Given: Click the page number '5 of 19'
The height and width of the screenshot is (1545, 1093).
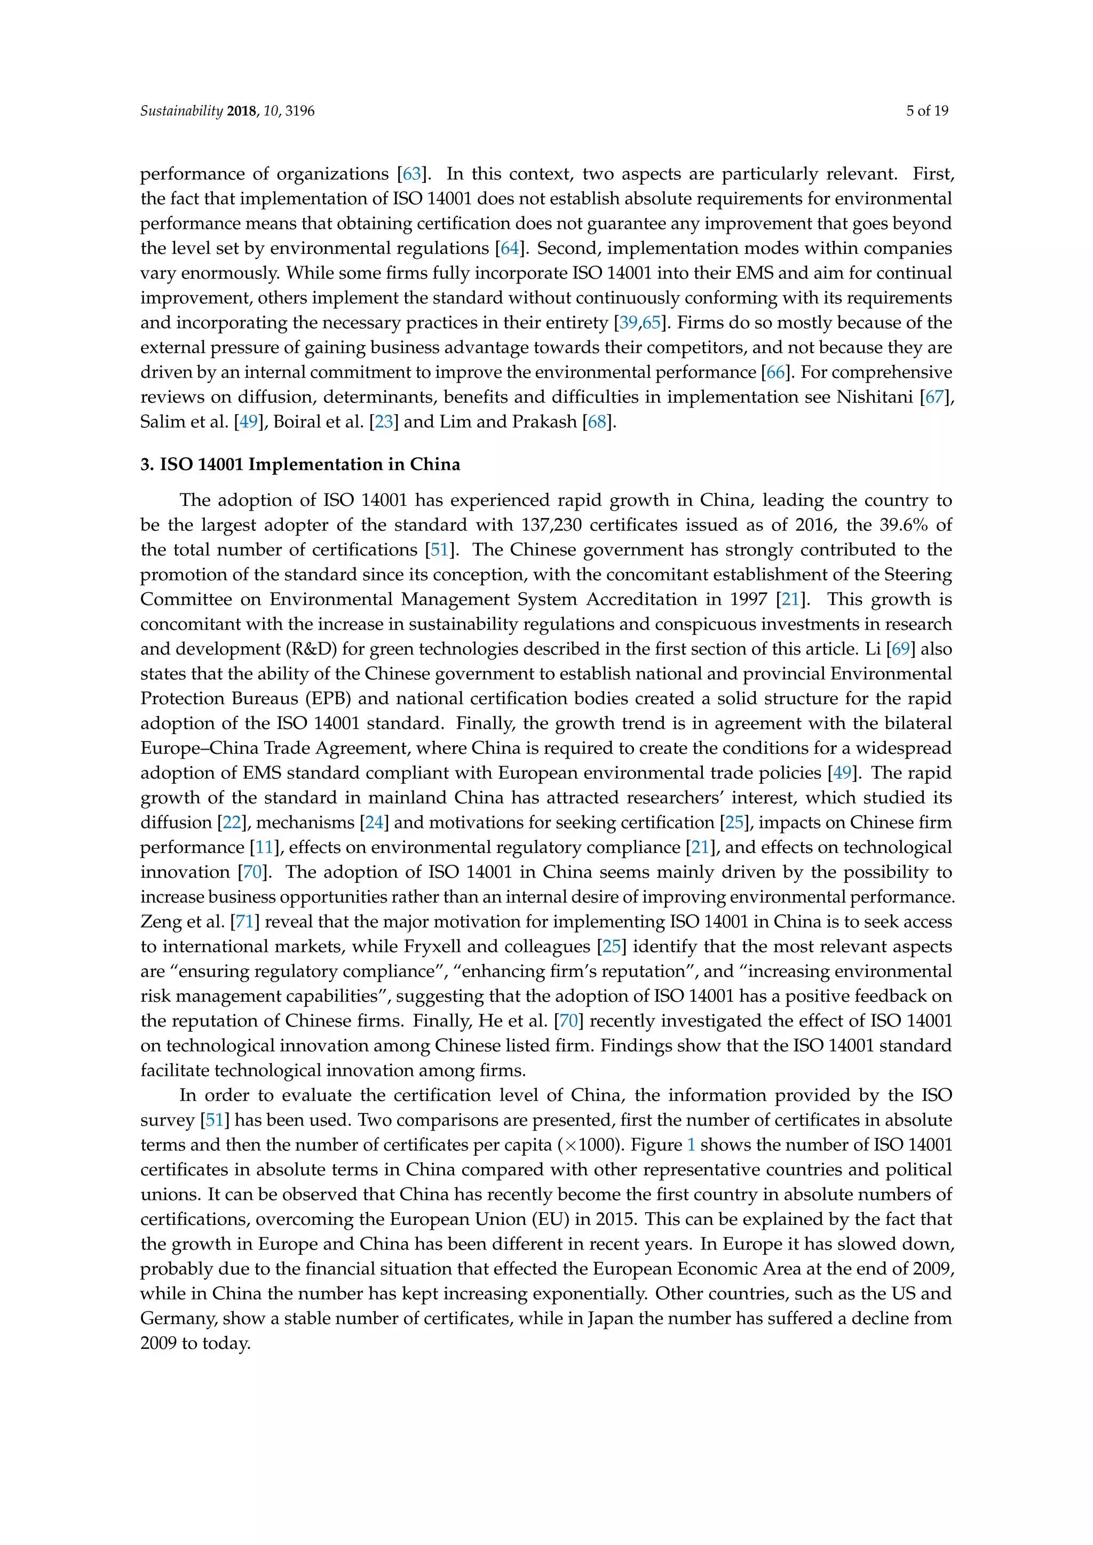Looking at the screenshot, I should (x=927, y=111).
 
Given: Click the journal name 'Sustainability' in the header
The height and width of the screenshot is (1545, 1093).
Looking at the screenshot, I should (x=181, y=111).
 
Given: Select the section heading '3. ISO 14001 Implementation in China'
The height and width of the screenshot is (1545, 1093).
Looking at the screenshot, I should (x=300, y=464).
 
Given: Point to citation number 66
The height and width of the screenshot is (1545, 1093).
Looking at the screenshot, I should (x=775, y=372).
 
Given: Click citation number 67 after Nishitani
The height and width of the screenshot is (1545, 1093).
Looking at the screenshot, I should (x=934, y=397).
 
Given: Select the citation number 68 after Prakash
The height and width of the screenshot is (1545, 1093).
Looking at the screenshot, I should (x=597, y=422).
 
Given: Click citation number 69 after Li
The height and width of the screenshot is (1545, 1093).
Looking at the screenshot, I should (x=900, y=649).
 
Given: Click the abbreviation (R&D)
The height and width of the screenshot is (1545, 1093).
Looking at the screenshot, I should (x=311, y=649).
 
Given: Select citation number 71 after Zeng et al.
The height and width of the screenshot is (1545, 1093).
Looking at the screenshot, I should (x=244, y=921).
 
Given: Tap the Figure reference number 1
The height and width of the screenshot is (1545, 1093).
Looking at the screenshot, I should (x=691, y=1145).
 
